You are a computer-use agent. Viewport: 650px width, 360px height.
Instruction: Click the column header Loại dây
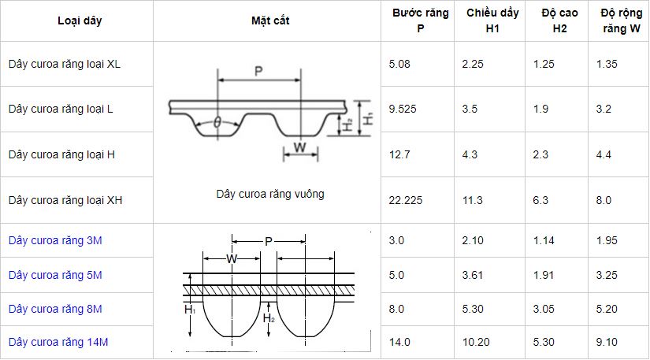pos(80,20)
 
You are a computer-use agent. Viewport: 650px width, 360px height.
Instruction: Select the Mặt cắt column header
pos(270,20)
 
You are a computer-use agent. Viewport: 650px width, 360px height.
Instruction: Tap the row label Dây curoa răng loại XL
pos(65,64)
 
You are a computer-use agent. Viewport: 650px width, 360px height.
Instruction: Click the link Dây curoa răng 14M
pos(58,342)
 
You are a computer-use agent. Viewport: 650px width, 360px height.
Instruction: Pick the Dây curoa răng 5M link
pos(55,275)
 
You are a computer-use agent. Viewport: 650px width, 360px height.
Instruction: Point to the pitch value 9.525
pos(403,109)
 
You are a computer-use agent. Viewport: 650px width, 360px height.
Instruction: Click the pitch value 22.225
pos(406,201)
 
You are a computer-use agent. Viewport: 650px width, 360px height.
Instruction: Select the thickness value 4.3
pos(470,155)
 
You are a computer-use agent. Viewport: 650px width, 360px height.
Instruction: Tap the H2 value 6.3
pos(540,201)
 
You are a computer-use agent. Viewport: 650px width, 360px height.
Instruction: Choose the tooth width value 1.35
pos(607,65)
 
